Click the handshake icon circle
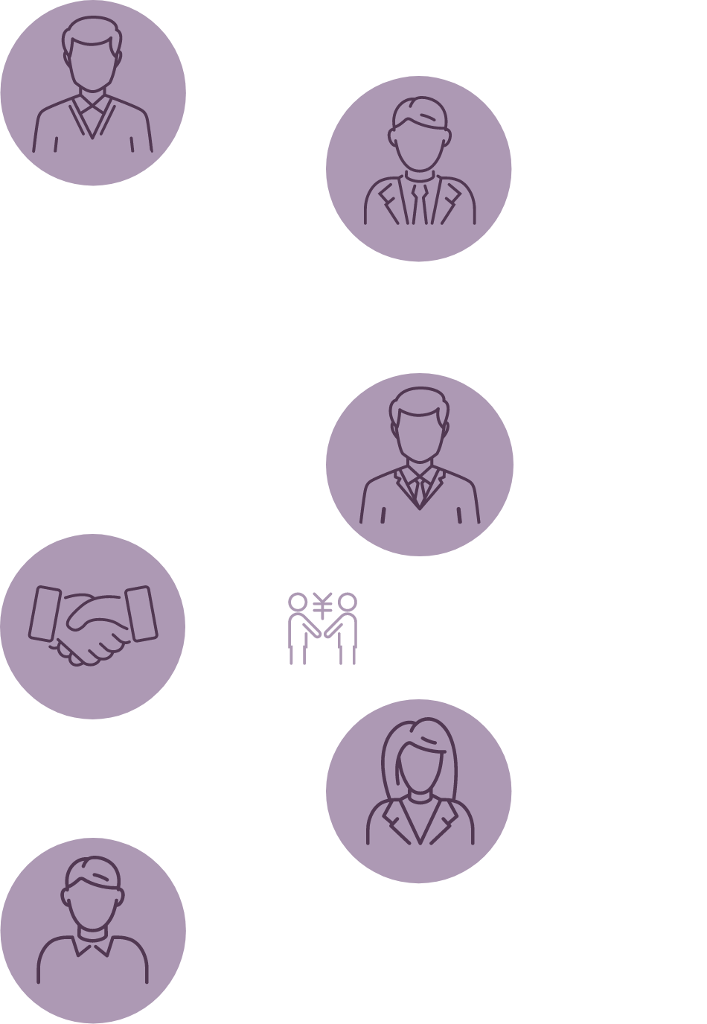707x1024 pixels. click(93, 626)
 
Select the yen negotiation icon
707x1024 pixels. click(323, 627)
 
